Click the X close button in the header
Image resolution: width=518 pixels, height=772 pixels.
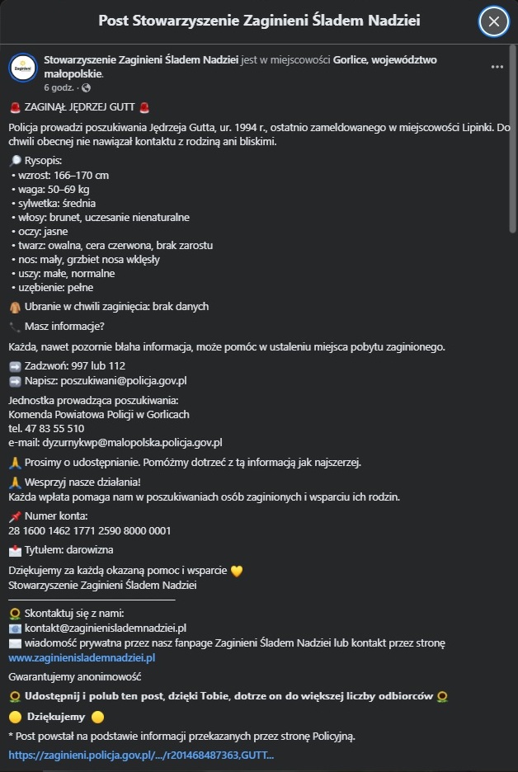pos(493,21)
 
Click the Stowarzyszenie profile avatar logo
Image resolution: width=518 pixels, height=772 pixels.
pos(22,67)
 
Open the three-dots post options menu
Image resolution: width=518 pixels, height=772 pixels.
pos(497,67)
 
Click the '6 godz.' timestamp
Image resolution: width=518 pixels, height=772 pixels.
pos(59,87)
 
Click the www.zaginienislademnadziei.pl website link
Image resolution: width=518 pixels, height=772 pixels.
pos(82,658)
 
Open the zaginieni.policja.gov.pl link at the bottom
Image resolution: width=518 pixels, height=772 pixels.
pos(141,755)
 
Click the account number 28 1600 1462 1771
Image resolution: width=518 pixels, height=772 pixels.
pos(89,531)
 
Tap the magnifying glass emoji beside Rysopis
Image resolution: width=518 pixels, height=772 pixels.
pos(15,161)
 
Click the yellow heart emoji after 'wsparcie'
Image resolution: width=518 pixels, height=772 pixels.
pos(237,571)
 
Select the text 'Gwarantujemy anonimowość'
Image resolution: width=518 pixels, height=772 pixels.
pos(75,677)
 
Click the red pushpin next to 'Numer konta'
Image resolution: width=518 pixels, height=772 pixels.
pos(15,517)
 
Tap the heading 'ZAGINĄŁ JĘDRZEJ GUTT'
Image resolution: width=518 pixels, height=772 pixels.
pos(80,107)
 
